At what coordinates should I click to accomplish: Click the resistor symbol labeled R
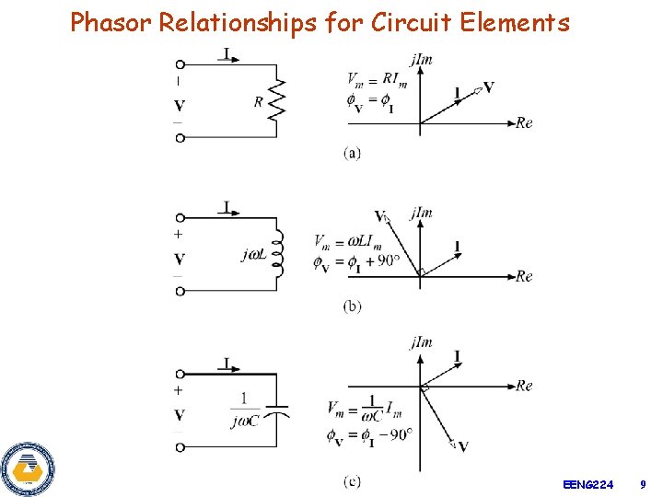click(275, 101)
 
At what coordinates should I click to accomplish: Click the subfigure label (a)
click(352, 153)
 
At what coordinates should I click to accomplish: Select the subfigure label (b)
click(352, 306)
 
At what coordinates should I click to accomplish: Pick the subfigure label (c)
click(352, 480)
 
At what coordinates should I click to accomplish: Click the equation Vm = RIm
click(372, 79)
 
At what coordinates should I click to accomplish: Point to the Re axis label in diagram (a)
click(524, 123)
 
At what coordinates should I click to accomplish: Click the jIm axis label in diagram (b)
click(422, 214)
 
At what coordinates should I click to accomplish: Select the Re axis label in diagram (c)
click(524, 386)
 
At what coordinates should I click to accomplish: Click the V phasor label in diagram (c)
click(463, 446)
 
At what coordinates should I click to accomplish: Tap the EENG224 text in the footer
click(587, 483)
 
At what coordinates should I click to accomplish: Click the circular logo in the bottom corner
click(28, 469)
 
